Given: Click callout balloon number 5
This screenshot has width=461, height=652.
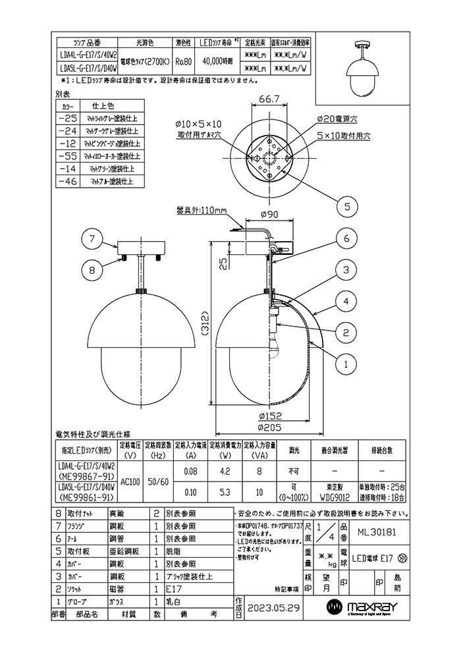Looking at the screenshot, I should coord(346,206).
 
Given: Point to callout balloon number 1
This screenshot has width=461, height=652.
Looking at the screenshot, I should coord(346,362).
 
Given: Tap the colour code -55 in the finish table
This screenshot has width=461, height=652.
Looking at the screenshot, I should coord(68,157).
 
